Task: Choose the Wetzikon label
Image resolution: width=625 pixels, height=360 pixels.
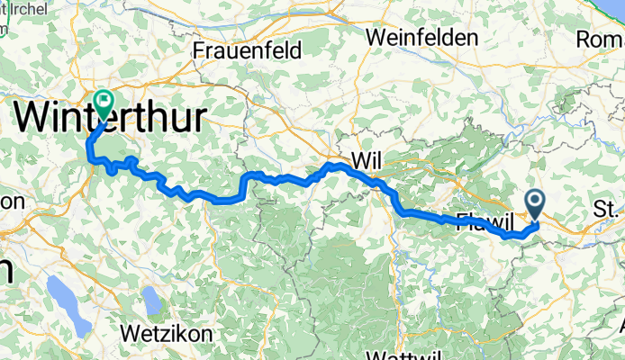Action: pos(168,332)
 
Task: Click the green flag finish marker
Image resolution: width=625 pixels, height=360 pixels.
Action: pos(104,101)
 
